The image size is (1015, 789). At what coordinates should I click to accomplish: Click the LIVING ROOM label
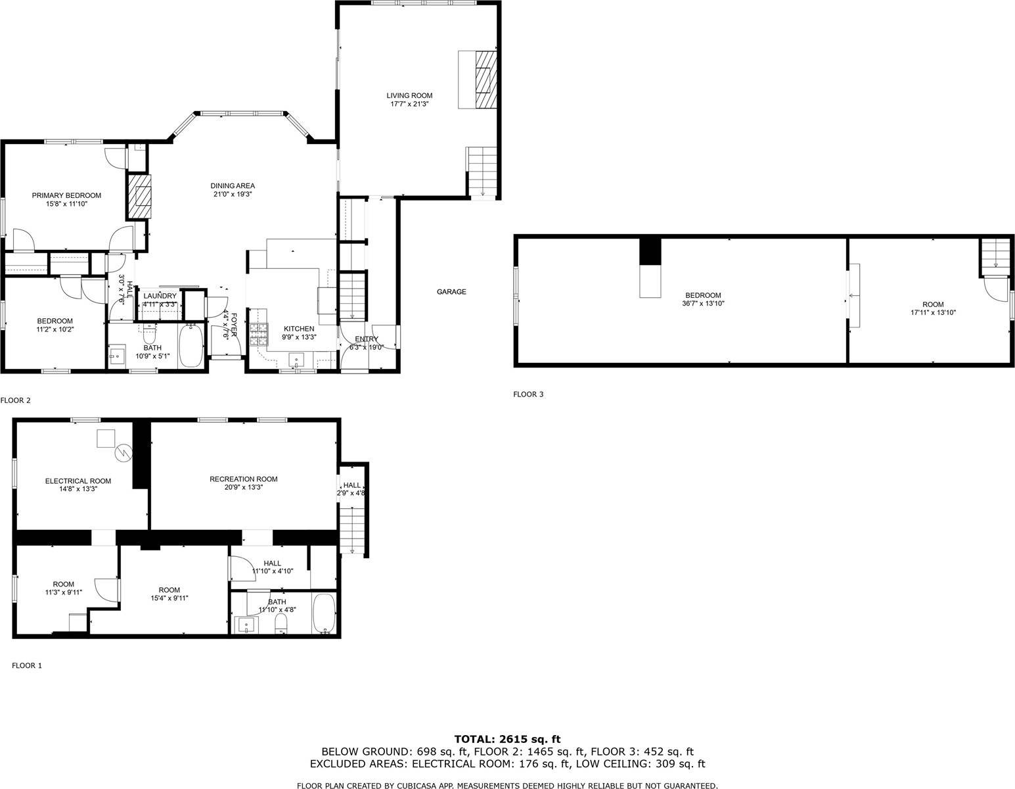click(409, 96)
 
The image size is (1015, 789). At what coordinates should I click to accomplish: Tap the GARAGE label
click(451, 292)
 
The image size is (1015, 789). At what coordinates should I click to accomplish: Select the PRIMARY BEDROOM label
click(66, 195)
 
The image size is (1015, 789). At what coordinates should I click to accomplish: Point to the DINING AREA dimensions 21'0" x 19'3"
click(233, 194)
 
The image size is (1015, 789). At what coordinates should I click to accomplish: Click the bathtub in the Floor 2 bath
click(191, 346)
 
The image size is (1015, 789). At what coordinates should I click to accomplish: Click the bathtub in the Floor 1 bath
click(324, 613)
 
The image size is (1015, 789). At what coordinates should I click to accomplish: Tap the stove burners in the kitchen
click(259, 335)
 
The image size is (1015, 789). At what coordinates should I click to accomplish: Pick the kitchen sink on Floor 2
click(296, 360)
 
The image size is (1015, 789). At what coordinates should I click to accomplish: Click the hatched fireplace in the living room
click(485, 79)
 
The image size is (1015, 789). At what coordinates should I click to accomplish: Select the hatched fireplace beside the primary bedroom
click(140, 197)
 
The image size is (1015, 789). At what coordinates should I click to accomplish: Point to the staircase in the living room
click(482, 172)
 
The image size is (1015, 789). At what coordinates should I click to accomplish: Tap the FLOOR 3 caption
click(528, 394)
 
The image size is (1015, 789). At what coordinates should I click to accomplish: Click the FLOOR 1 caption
click(27, 665)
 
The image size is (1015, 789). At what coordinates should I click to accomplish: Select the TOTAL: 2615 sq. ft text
click(507, 739)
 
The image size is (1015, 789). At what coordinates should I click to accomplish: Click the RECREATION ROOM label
click(243, 479)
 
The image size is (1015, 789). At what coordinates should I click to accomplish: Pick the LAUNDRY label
click(160, 296)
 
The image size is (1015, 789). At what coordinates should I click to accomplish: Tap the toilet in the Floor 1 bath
click(281, 623)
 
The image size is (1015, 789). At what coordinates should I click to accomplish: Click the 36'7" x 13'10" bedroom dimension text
click(703, 303)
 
